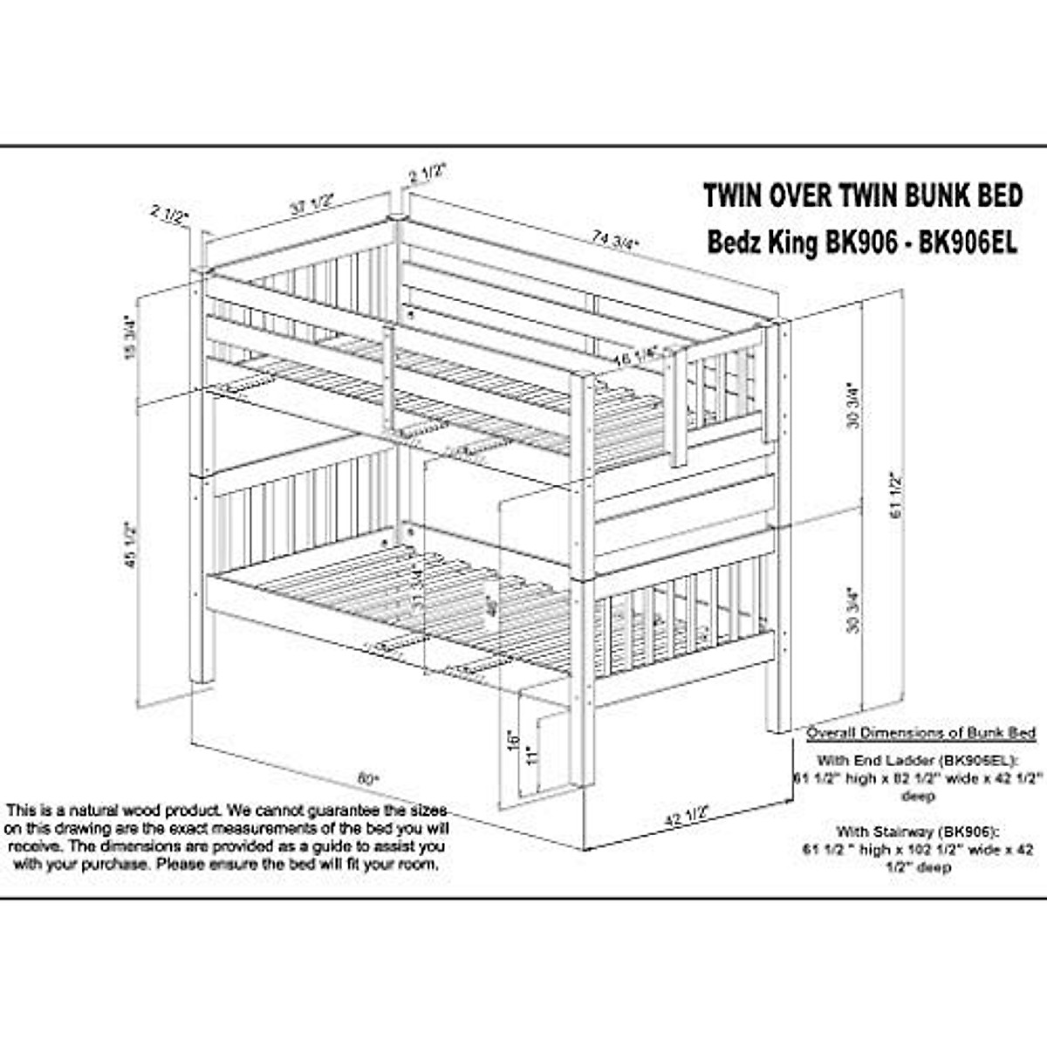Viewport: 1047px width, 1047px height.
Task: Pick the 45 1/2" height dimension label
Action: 133,545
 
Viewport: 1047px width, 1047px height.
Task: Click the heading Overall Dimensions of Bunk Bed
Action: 920,733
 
